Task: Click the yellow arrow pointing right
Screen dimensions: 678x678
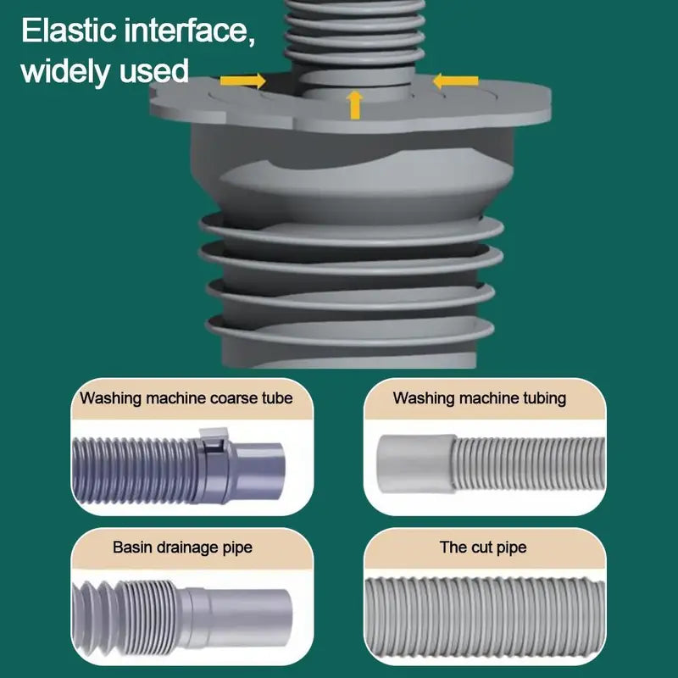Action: coord(242,81)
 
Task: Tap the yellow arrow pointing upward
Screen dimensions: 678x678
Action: coord(355,105)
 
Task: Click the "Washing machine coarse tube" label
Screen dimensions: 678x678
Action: coord(186,397)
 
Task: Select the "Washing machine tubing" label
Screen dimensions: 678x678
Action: coord(480,397)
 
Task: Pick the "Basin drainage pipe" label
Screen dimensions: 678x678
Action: coord(182,547)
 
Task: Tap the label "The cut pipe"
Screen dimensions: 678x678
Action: coord(483,547)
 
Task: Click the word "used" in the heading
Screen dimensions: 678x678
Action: coord(153,70)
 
